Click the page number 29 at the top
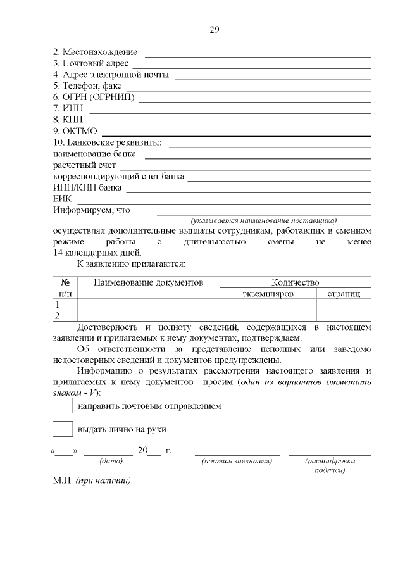coord(213,30)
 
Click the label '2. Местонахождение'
coord(95,52)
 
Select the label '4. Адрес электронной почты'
coord(111,75)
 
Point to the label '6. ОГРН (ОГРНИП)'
coord(94,98)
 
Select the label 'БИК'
coord(62,199)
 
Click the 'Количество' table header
coord(295,282)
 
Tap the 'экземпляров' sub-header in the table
coord(268,294)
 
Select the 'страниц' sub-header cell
coord(344,294)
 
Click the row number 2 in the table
coord(58,315)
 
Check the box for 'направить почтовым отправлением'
coord(63,406)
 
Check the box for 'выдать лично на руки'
coord(63,429)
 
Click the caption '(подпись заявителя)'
coord(237,461)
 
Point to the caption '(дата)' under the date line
coord(108,461)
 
